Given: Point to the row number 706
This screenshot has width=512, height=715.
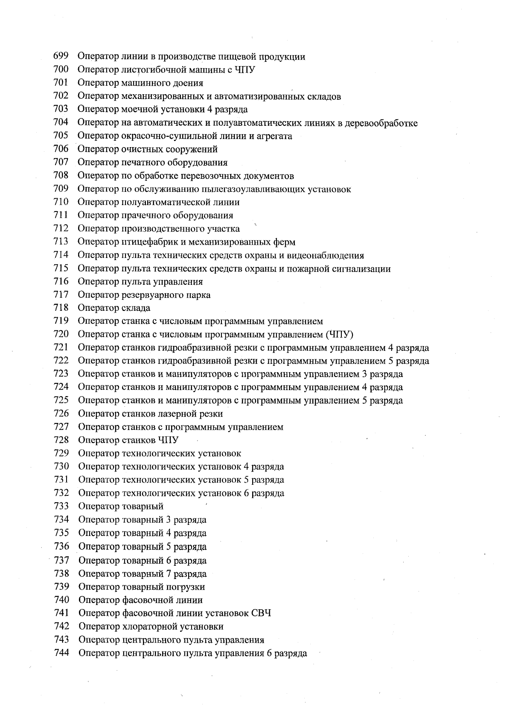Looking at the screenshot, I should pyautogui.click(x=61, y=149).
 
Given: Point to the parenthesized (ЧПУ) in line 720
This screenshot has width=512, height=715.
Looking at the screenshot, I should pyautogui.click(x=339, y=334).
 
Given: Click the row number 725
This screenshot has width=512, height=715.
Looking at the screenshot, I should pyautogui.click(x=61, y=400).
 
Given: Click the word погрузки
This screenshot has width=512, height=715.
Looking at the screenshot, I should pyautogui.click(x=186, y=587).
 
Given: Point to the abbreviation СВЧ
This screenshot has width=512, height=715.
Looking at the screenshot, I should pyautogui.click(x=261, y=614).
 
